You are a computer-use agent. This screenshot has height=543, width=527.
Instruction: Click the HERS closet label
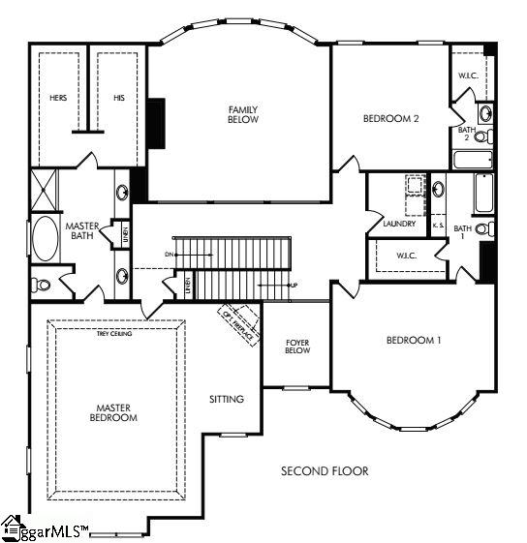[x=58, y=98]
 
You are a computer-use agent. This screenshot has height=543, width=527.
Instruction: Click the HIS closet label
[x=119, y=98]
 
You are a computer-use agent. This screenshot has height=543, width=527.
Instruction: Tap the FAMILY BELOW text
[x=241, y=115]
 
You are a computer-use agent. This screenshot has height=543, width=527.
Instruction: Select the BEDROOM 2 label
[x=390, y=119]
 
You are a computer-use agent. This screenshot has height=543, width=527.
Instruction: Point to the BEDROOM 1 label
[x=414, y=340]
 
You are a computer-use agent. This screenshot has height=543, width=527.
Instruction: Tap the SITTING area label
[x=227, y=399]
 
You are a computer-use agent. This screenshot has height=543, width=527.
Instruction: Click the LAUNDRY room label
[x=399, y=224]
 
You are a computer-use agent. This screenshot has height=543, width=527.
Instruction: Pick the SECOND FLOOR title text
[x=325, y=471]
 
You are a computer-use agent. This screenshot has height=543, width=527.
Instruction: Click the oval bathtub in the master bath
[x=46, y=239]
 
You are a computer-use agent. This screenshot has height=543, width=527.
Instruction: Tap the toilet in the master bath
[x=40, y=286]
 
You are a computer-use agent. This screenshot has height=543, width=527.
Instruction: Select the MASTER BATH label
[x=83, y=231]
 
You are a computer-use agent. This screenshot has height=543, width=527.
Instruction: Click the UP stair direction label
[x=292, y=286]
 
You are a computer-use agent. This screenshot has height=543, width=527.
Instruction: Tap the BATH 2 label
[x=466, y=134]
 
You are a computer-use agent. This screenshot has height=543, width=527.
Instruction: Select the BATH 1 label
[x=463, y=232]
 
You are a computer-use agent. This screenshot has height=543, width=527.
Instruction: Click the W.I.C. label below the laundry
[x=406, y=256]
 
